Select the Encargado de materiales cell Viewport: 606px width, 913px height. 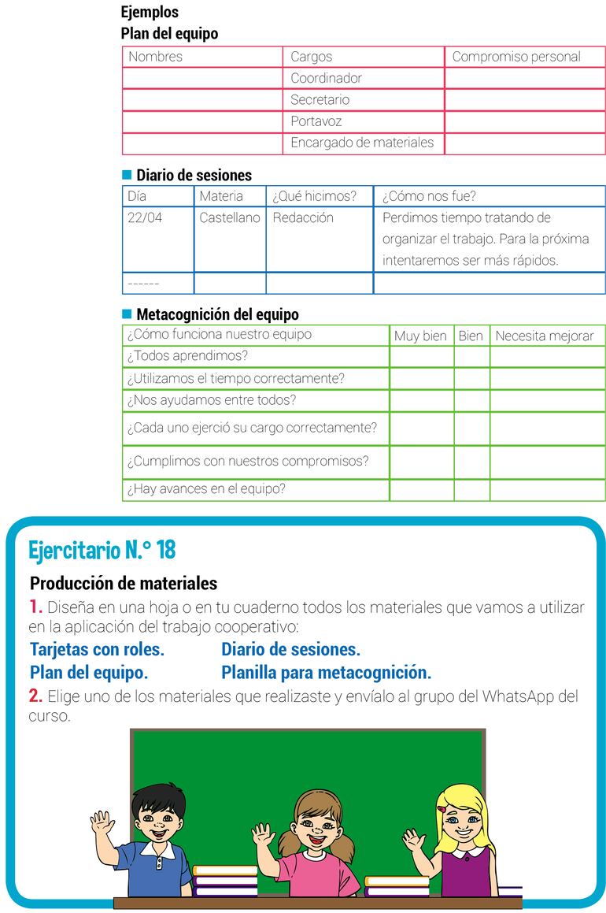tap(362, 143)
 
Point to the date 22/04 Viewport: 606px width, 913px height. tap(145, 218)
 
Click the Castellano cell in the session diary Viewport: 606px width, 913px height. tap(229, 218)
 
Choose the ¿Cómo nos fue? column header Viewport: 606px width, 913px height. tap(429, 196)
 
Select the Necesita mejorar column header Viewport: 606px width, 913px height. tap(545, 336)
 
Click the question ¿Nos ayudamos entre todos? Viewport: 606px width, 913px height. tap(212, 400)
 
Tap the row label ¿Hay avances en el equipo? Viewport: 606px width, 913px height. tap(206, 489)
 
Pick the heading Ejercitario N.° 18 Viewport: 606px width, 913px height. tap(102, 550)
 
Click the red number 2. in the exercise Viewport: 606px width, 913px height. tap(35, 696)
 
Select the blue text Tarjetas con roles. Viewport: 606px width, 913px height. tap(97, 650)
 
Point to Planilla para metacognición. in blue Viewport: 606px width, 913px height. tap(326, 674)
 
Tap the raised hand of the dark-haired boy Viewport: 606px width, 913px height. tap(102, 824)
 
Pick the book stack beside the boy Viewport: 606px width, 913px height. tap(226, 881)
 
